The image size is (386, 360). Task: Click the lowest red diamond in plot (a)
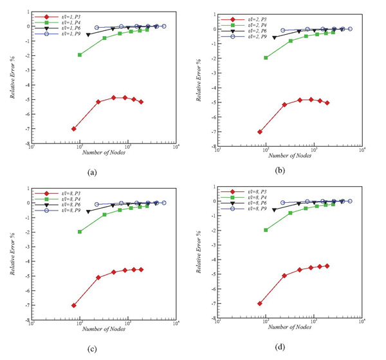pos(74,129)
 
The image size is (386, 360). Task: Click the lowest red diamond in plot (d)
pos(260,303)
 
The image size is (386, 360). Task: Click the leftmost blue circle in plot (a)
pos(96,28)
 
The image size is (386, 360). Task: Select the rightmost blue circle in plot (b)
pos(350,29)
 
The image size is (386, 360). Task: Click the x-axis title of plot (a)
pos(102,151)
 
